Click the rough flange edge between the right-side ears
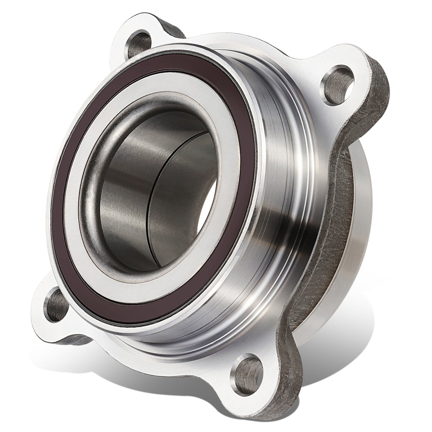(x=341, y=209)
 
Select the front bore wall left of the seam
(x=126, y=185)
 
